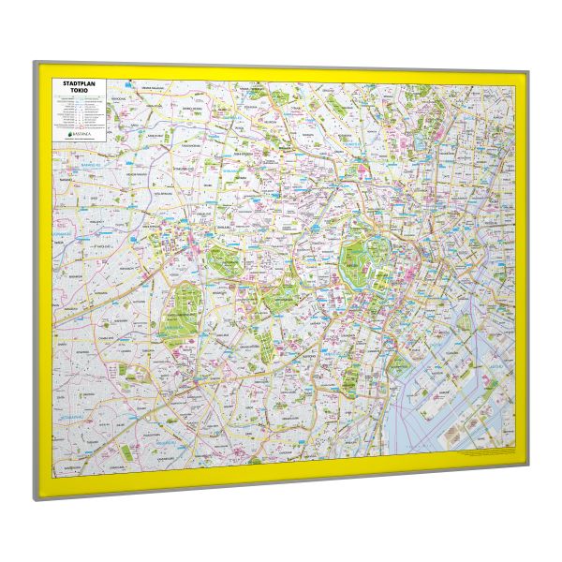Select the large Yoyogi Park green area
[x=179, y=310]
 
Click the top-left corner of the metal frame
[x=35, y=63]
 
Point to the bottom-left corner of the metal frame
[x=37, y=498]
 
